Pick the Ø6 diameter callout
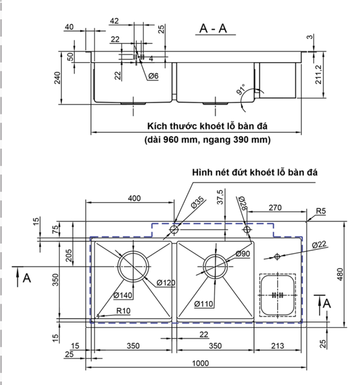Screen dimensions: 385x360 [x=153, y=76]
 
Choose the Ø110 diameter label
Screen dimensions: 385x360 [x=203, y=304]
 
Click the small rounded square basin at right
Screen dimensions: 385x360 [x=276, y=295]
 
